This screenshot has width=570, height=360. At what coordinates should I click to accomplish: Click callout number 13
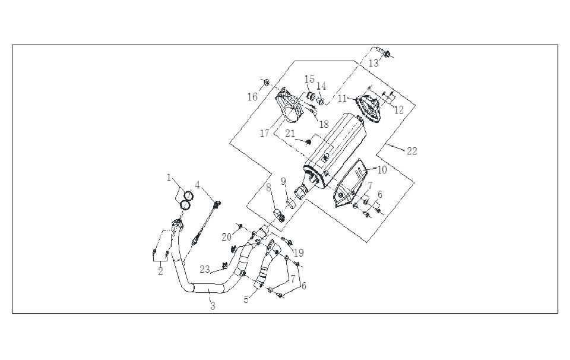pyautogui.click(x=373, y=63)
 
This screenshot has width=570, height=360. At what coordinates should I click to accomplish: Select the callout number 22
pyautogui.click(x=411, y=151)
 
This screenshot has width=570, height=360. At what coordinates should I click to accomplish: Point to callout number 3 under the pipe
pyautogui.click(x=212, y=306)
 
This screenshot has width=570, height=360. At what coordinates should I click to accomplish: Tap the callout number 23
pyautogui.click(x=205, y=269)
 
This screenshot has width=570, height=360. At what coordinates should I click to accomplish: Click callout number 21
pyautogui.click(x=290, y=134)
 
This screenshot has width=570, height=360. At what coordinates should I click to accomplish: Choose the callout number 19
pyautogui.click(x=298, y=252)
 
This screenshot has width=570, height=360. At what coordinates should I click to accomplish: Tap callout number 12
pyautogui.click(x=398, y=109)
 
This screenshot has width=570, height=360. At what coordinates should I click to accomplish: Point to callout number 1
pyautogui.click(x=169, y=177)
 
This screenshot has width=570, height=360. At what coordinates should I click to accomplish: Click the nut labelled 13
pyautogui.click(x=387, y=54)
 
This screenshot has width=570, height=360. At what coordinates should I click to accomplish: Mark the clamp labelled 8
pyautogui.click(x=277, y=213)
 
